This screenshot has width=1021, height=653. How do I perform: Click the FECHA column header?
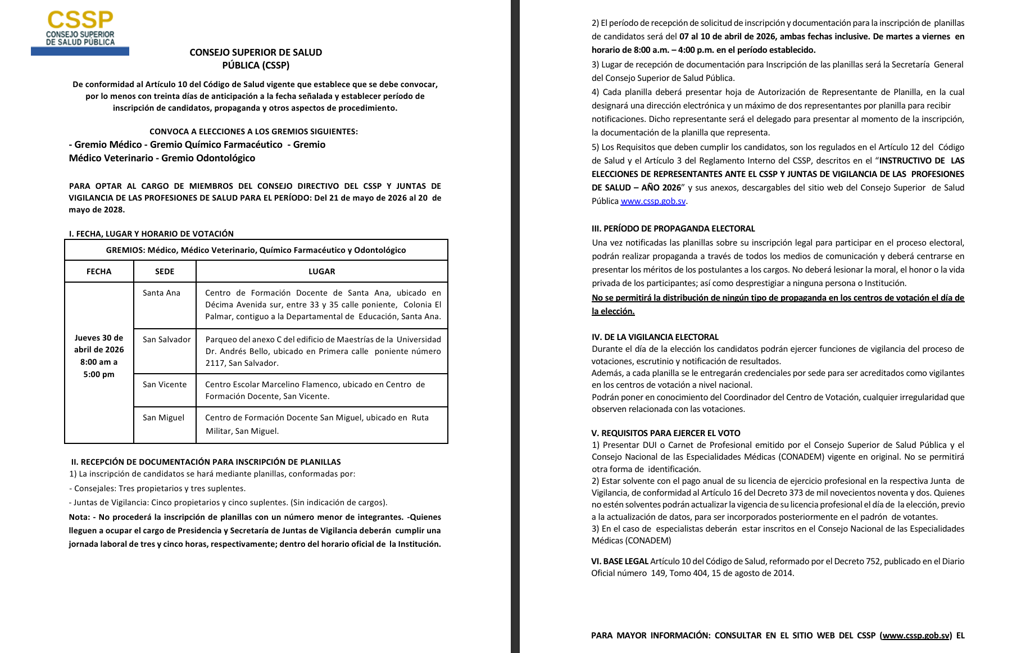(x=99, y=271)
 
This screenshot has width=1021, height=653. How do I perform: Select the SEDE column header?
(x=165, y=271)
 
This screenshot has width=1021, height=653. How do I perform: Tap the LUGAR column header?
(x=321, y=271)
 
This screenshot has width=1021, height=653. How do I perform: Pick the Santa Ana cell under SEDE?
(x=161, y=293)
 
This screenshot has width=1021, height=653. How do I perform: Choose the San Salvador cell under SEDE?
(x=166, y=339)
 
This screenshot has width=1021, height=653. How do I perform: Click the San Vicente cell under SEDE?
(x=164, y=384)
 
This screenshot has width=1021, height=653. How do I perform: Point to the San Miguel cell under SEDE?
(x=163, y=418)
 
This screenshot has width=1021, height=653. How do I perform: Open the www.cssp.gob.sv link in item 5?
(x=653, y=201)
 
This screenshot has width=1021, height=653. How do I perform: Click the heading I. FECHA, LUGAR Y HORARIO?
(x=151, y=234)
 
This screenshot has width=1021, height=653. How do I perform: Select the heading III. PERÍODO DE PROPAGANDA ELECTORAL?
(x=673, y=229)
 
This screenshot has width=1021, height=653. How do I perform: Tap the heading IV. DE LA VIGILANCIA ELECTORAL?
(x=655, y=337)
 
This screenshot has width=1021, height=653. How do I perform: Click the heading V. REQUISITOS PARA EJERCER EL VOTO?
(x=666, y=433)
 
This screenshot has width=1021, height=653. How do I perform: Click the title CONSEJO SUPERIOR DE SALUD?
(x=256, y=52)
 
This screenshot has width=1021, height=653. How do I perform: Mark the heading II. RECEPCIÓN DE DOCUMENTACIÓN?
(x=206, y=462)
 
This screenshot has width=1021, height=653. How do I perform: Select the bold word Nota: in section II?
(x=79, y=517)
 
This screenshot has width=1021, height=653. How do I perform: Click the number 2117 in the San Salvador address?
(x=215, y=363)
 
